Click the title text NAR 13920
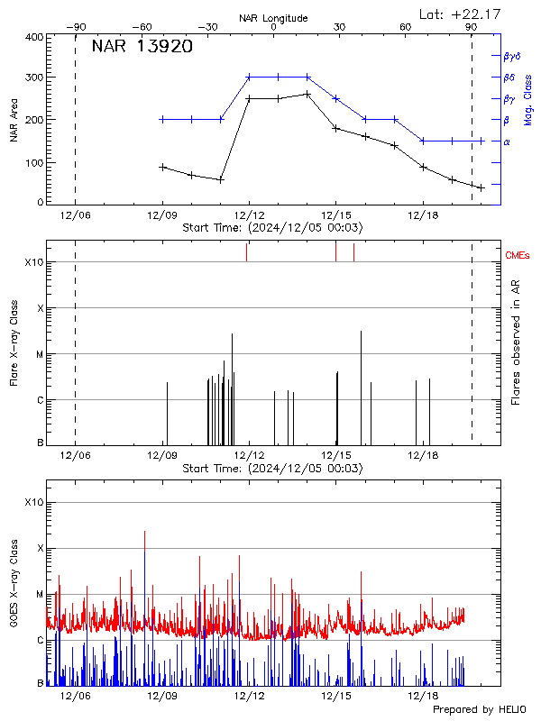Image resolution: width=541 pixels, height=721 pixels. [142, 48]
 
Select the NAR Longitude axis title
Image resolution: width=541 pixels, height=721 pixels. [273, 18]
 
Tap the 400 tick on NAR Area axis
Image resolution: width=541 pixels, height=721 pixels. [33, 37]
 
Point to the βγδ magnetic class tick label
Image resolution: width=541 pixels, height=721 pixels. [511, 56]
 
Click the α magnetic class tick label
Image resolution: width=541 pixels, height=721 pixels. [507, 141]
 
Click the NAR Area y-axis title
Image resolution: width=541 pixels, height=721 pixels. [14, 120]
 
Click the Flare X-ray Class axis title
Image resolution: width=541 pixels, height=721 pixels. [14, 342]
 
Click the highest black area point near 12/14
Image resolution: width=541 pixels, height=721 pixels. [307, 94]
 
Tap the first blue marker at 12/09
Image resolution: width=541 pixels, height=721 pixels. [162, 119]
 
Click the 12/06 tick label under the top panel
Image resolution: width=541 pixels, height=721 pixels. [75, 215]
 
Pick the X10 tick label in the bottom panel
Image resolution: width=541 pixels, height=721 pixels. [33, 502]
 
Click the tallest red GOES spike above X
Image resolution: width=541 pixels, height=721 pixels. [144, 532]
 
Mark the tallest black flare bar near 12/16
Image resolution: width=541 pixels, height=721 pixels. [362, 332]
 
